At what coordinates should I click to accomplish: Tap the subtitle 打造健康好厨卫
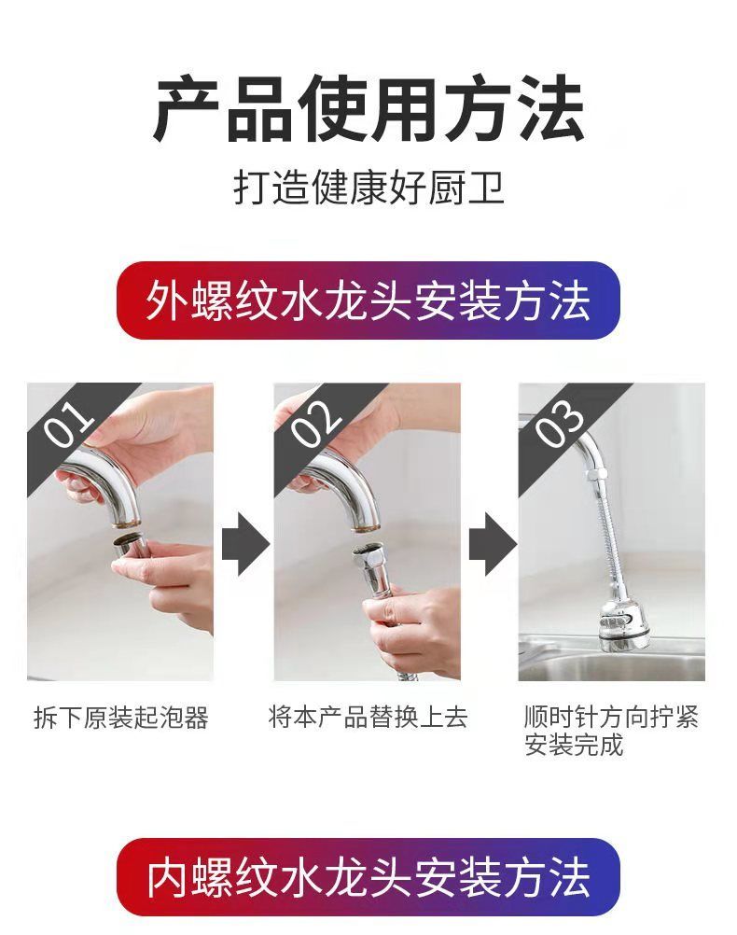coord(368,188)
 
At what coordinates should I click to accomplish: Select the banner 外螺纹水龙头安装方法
coord(368,300)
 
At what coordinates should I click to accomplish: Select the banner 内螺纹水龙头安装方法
coord(368,876)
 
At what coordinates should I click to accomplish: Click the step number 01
coord(71,424)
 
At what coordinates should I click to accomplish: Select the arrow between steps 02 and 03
coord(492,543)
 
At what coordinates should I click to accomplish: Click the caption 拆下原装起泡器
coord(121,718)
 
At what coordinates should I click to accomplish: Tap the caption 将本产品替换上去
coord(368,717)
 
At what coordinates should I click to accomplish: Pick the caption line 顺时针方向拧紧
coord(610,716)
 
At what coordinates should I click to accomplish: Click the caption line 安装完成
coord(574,745)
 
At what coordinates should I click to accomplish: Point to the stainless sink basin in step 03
coord(611,662)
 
